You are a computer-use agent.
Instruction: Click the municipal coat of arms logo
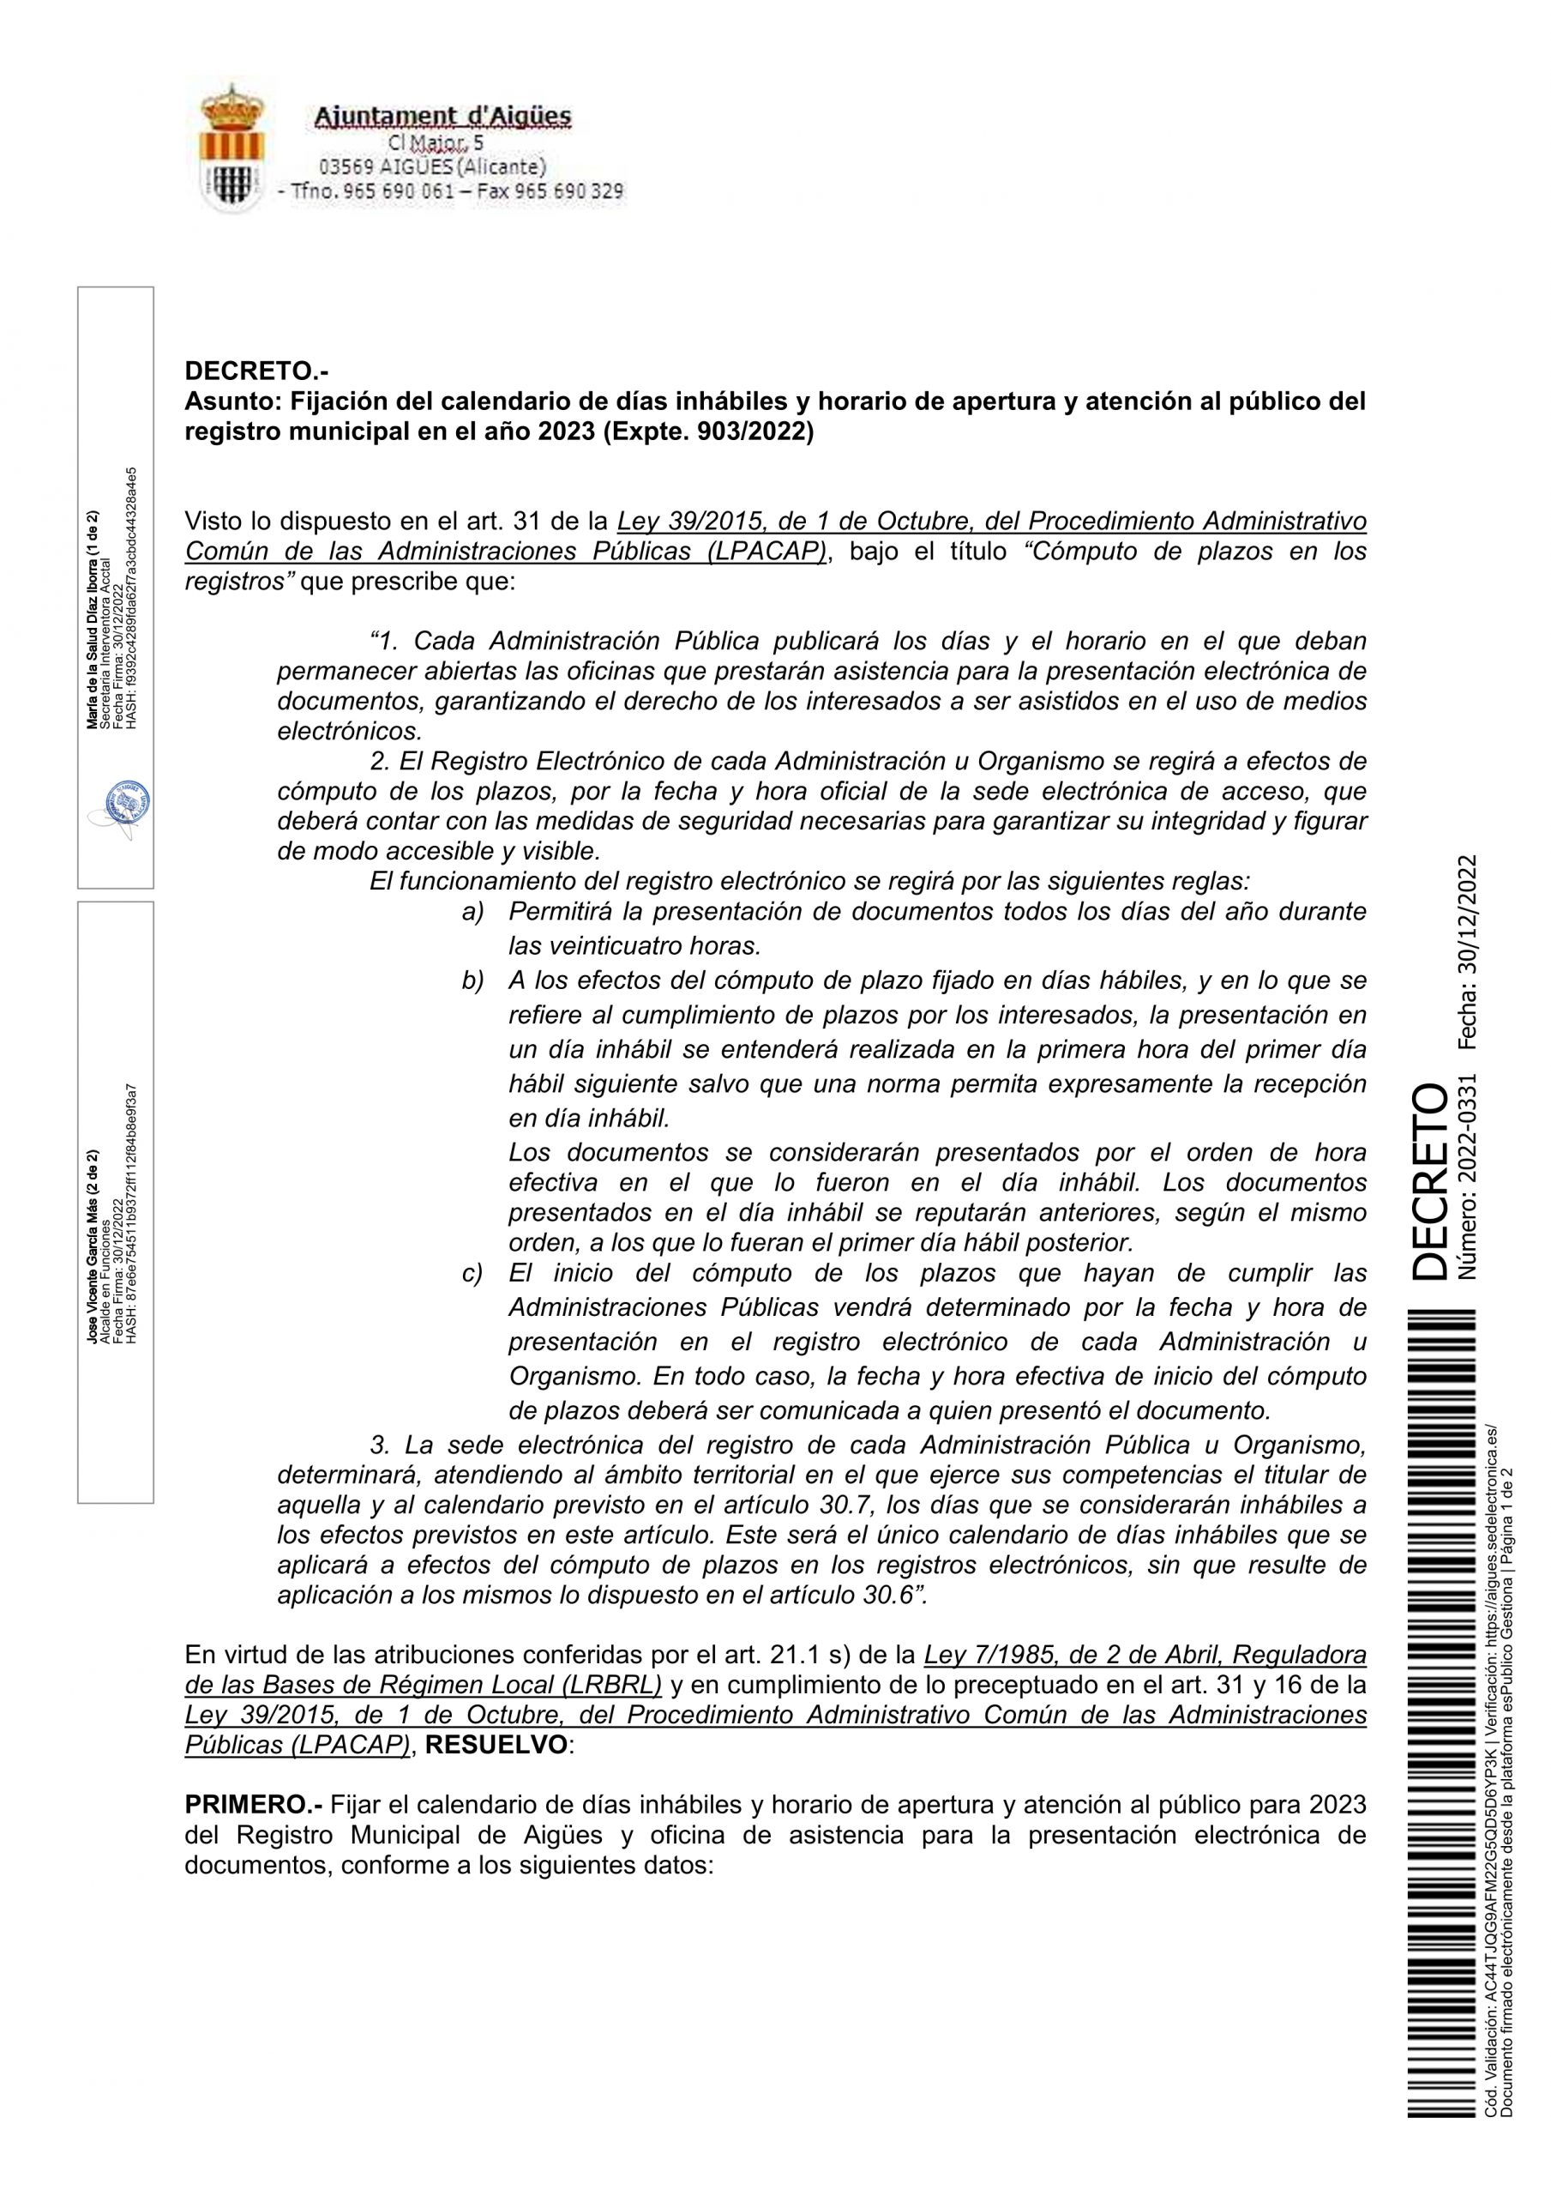[x=231, y=148]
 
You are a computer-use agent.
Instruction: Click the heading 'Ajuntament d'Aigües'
[x=442, y=117]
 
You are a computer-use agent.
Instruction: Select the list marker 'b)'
[x=473, y=980]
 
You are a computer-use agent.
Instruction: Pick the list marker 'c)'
[x=473, y=1274]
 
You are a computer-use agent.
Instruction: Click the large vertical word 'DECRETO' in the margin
[x=1428, y=1181]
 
